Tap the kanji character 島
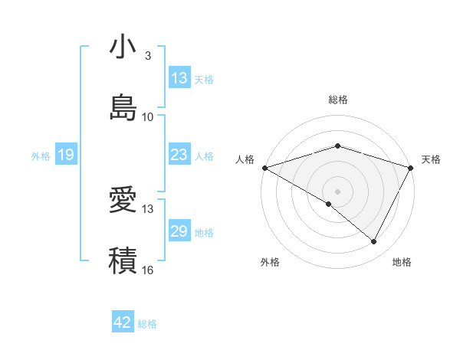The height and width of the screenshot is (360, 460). click(x=123, y=107)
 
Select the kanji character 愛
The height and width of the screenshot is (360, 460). click(x=123, y=200)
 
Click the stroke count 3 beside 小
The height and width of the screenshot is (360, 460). click(x=148, y=56)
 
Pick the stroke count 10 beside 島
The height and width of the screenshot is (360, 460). click(x=148, y=116)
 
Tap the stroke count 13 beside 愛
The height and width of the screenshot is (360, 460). click(x=148, y=208)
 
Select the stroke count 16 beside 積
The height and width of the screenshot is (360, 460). click(x=148, y=270)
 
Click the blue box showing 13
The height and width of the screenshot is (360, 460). click(x=179, y=78)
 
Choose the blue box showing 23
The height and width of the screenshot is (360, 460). click(x=179, y=155)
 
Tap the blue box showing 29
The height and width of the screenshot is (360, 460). click(x=179, y=231)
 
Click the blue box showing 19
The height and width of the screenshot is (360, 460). click(x=65, y=155)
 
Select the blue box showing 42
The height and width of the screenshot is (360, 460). click(x=123, y=322)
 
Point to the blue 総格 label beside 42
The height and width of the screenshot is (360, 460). click(x=147, y=324)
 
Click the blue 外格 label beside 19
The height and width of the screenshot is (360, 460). click(x=41, y=156)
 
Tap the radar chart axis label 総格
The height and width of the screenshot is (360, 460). click(x=338, y=100)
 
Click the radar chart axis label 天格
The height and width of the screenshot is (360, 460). click(x=431, y=159)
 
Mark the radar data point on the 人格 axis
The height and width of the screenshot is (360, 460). click(x=264, y=168)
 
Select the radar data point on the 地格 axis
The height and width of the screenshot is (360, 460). click(x=374, y=242)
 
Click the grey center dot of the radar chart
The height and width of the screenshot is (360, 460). click(x=338, y=191)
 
